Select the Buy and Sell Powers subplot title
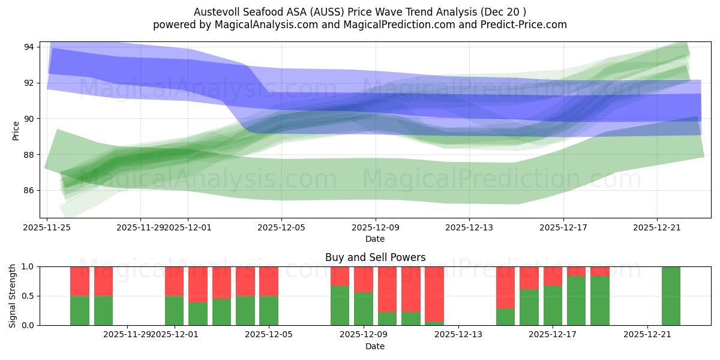[375, 257]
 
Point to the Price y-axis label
[16, 130]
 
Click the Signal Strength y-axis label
[13, 296]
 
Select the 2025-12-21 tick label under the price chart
[657, 227]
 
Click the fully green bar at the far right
[671, 296]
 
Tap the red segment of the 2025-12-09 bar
[364, 279]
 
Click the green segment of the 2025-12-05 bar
[269, 310]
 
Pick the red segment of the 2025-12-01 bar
[174, 281]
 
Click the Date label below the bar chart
[375, 346]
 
